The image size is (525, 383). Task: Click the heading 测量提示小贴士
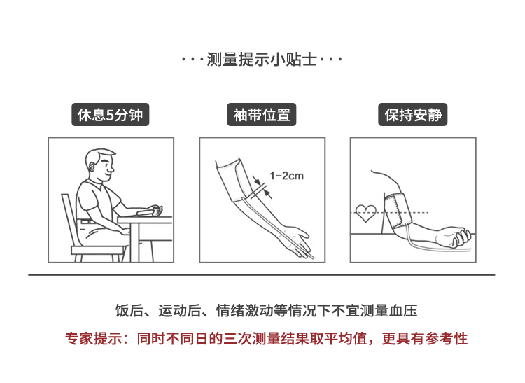click(262, 60)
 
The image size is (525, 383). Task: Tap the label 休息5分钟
click(110, 115)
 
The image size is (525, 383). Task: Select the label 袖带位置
click(262, 115)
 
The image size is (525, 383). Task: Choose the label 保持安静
click(413, 115)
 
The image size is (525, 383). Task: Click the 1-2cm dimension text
click(286, 176)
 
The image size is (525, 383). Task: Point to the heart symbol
click(365, 214)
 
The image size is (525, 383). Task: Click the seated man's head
click(100, 165)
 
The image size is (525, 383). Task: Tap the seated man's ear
click(92, 167)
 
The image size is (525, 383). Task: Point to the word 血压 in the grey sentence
click(403, 310)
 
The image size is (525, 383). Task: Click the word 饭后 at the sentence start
click(129, 310)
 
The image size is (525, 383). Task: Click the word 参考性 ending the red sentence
click(447, 338)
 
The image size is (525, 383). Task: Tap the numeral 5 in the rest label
click(110, 115)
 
